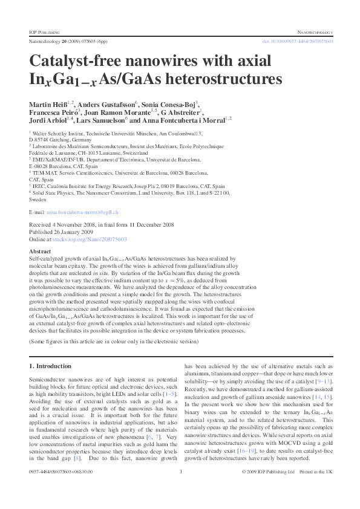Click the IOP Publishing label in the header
coord(44,30)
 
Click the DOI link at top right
coord(297,41)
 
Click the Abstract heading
coord(40,250)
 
